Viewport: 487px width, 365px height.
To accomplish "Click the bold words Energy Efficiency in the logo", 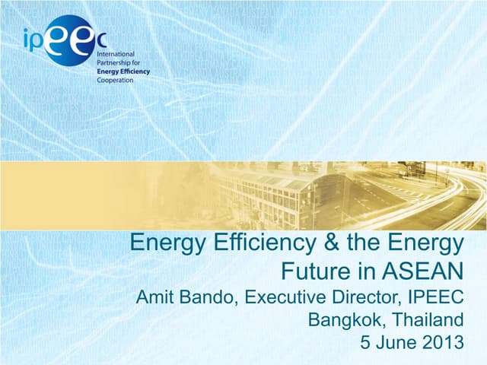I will coord(123,71).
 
